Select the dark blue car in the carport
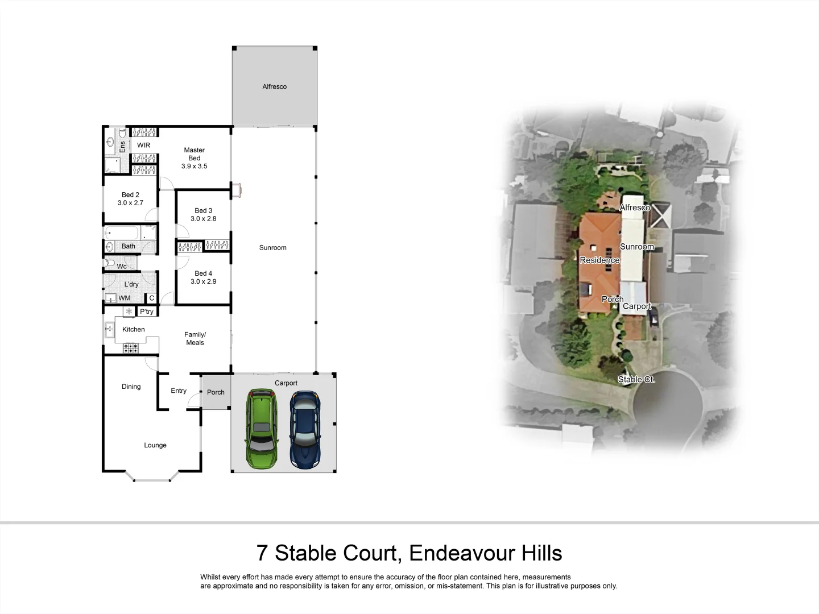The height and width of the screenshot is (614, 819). click(x=305, y=430)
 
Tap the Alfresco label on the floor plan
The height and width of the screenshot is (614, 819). click(x=274, y=87)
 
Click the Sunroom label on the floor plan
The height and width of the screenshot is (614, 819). click(x=272, y=248)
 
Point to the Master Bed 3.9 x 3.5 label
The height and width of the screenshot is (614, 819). click(x=194, y=159)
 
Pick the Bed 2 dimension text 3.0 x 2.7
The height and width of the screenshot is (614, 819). click(x=130, y=203)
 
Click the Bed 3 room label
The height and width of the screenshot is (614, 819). click(x=203, y=211)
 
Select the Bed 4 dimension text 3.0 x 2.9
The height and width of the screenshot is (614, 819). click(x=203, y=282)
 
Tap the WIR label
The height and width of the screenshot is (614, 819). click(x=143, y=146)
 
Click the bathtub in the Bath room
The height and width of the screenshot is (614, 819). click(x=122, y=233)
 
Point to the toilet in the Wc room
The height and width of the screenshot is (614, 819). click(x=110, y=263)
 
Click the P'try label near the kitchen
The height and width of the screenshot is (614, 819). click(x=147, y=312)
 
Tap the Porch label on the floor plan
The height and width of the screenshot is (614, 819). click(x=216, y=392)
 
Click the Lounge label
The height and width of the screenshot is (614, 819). click(x=155, y=446)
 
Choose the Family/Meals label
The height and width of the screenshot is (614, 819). click(x=195, y=339)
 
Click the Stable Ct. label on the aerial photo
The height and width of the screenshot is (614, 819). click(x=636, y=379)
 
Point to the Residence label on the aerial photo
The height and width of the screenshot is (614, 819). click(x=599, y=260)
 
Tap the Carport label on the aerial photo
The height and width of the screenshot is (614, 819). click(x=636, y=306)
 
